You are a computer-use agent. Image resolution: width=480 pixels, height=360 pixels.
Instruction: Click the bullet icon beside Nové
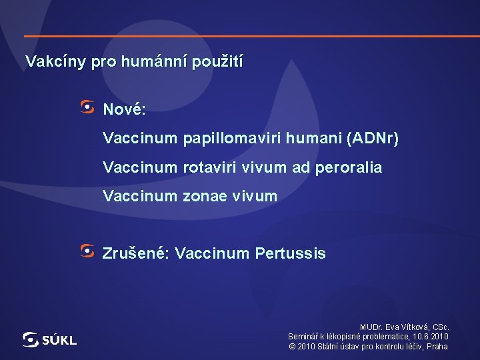(87, 106)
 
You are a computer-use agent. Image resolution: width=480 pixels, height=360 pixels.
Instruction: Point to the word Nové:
(124, 108)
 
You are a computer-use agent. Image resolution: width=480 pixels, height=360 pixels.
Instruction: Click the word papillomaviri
(226, 139)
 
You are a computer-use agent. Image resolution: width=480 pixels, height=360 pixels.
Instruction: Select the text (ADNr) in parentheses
(372, 139)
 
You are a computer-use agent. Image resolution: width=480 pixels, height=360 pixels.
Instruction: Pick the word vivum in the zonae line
(255, 197)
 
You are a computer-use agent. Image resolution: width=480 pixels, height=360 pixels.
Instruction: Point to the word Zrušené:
(137, 254)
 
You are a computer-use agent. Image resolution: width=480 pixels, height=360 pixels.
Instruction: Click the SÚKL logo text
(59, 341)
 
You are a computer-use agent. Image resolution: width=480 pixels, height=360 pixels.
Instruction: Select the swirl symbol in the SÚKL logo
(31, 339)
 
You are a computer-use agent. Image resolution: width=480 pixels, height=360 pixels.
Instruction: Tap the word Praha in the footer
(437, 347)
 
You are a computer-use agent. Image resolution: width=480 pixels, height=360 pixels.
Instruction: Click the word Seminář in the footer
(305, 337)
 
